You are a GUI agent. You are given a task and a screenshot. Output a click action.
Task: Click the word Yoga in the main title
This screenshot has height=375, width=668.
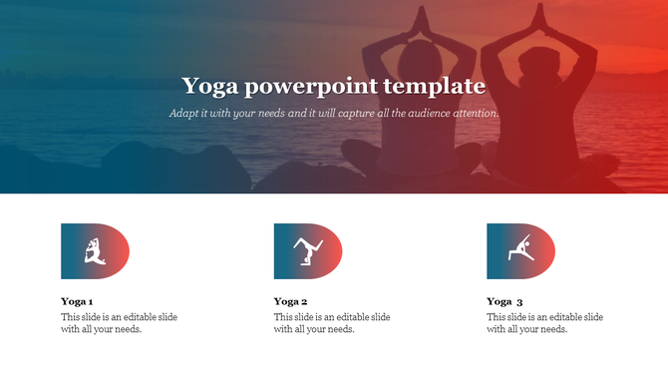208,86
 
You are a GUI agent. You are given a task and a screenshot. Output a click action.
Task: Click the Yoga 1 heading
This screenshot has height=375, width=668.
77,301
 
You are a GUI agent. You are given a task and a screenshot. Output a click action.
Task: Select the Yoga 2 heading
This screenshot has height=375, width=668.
290,301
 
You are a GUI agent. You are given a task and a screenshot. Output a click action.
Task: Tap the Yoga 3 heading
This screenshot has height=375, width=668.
504,301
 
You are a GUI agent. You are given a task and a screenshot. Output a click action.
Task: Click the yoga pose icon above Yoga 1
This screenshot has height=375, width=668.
95,250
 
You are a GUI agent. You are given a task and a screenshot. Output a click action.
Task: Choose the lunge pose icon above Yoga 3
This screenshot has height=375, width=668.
519,250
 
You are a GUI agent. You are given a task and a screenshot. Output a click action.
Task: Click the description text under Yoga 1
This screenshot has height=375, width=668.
120,323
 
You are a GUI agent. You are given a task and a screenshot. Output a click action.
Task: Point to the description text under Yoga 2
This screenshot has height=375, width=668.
332,323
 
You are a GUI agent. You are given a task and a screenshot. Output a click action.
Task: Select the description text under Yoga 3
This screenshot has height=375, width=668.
544,323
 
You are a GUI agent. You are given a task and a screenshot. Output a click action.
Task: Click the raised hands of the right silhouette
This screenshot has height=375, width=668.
544,17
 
